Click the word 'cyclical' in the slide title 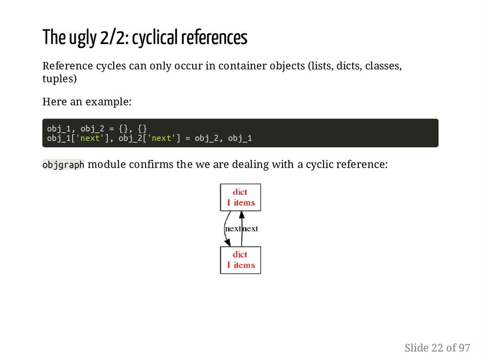(154, 38)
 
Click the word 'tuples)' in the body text (59, 78)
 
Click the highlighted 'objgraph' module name (63, 165)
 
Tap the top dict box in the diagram (240, 197)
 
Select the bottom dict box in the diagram (240, 260)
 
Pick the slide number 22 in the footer (436, 348)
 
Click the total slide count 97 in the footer (464, 348)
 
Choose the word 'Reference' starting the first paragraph (65, 66)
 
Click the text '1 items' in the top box (240, 203)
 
